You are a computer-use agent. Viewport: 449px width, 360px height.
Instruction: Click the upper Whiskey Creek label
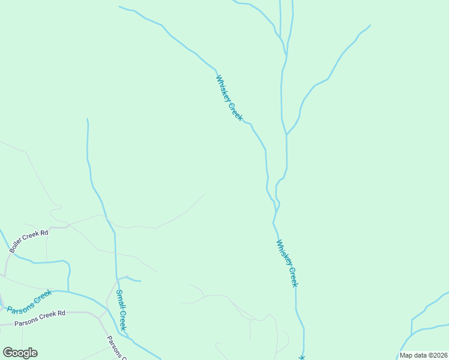[x=229, y=98]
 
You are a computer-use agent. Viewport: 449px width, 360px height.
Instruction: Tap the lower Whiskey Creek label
[x=287, y=263]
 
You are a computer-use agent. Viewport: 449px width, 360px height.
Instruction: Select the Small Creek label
[x=121, y=310]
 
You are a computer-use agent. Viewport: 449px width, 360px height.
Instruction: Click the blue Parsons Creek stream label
[x=29, y=301]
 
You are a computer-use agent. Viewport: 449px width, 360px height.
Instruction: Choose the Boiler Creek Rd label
[x=28, y=241]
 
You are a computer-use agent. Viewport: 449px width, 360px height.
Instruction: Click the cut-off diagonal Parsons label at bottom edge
[x=116, y=348]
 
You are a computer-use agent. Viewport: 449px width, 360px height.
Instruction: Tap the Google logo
[x=20, y=353]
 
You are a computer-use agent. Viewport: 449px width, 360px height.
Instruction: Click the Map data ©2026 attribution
[x=424, y=355]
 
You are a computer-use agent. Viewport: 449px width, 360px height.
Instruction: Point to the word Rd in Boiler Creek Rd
[x=44, y=233]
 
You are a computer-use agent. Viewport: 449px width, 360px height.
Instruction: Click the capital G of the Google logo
[x=8, y=353]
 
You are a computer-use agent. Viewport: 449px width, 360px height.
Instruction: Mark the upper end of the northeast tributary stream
[x=370, y=25]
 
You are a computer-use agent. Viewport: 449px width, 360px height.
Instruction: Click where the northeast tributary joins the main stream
[x=287, y=134]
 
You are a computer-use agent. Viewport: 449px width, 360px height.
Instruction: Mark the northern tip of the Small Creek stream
[x=88, y=119]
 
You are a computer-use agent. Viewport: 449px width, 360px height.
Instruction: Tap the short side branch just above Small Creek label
[x=131, y=279]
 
